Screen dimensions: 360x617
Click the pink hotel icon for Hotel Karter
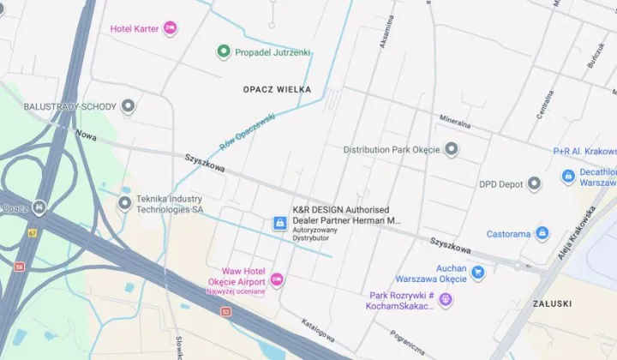tap(170, 28)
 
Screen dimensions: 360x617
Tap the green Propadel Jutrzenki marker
tap(223, 52)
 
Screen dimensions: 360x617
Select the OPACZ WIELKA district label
tap(277, 89)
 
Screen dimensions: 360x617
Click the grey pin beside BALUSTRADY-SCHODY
tap(129, 106)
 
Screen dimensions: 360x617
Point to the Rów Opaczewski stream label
tap(247, 131)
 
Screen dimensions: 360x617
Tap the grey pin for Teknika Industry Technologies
tap(125, 203)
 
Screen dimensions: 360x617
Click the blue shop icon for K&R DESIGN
tap(279, 223)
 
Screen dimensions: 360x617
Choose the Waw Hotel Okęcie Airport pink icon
tap(277, 280)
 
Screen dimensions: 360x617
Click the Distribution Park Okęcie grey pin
tap(452, 150)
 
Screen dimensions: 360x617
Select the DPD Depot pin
tap(534, 183)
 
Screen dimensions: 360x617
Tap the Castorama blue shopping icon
tap(542, 233)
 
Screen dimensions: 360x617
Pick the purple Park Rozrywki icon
tap(445, 300)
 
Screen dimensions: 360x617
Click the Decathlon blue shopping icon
tap(567, 177)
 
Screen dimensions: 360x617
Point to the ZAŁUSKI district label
tap(553, 303)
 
